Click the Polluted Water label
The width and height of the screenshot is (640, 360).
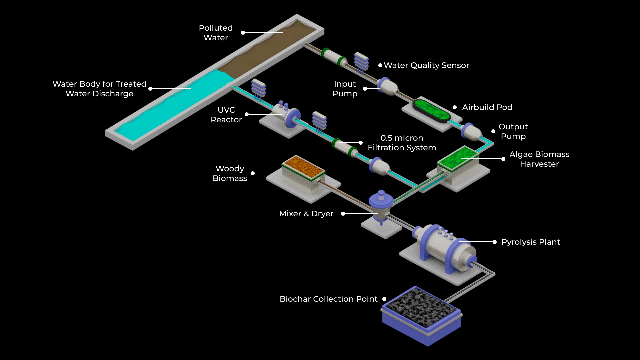point(216,33)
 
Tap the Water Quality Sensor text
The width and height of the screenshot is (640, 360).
point(426,65)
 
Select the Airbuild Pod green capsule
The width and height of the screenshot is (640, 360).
point(431,110)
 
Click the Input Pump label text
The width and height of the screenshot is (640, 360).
point(345,89)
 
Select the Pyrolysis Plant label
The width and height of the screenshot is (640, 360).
point(531,242)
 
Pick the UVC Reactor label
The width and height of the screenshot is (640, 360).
point(226,115)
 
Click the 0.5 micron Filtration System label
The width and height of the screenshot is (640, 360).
point(402,143)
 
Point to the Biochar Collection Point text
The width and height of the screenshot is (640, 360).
point(328,299)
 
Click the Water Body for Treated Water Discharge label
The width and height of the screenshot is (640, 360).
point(99,89)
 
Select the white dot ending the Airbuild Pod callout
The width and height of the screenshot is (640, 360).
point(455,107)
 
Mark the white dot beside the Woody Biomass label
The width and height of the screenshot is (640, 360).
point(253,173)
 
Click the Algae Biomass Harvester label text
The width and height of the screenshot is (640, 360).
point(539,159)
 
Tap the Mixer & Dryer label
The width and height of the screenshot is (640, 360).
point(306,214)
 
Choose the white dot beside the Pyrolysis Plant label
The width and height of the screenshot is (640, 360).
point(495,242)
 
